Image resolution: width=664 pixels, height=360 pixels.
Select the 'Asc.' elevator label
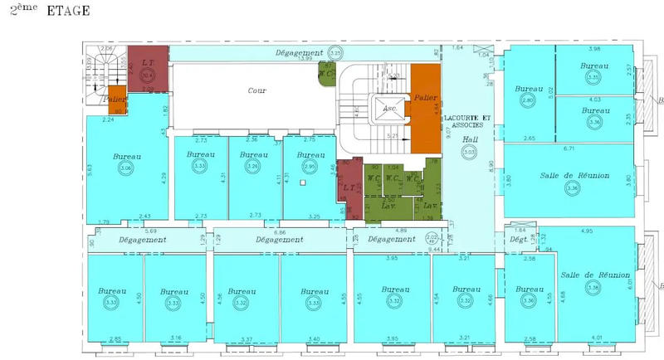386,107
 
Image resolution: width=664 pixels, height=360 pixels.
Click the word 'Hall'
471,139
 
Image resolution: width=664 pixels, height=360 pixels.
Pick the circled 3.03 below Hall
470,152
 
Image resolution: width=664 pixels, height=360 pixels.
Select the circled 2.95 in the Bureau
310,166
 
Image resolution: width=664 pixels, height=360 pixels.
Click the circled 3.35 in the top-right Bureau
593,77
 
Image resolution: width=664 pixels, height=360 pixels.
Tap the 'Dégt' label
518,240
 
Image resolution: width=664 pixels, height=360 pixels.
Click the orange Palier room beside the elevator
427,100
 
